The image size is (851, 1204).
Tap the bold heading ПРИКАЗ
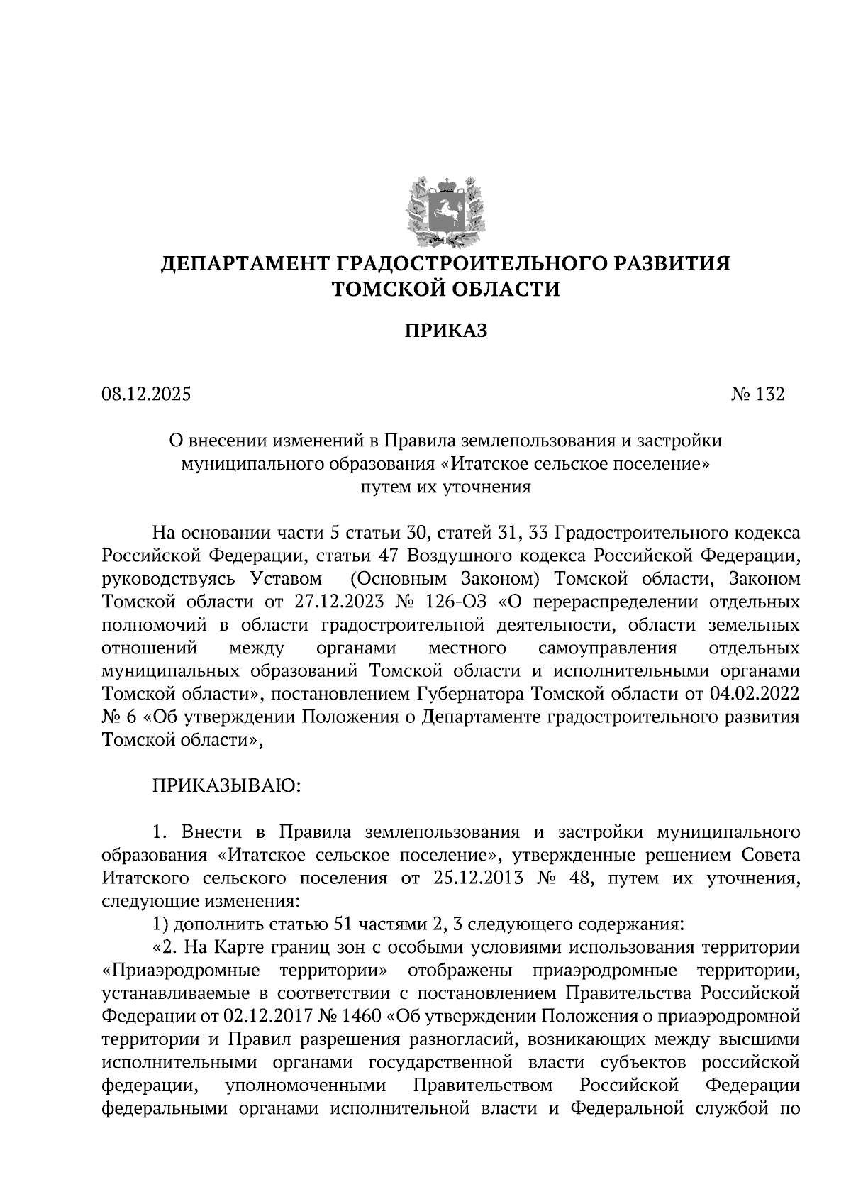tap(445, 331)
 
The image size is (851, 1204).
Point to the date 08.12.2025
tap(146, 394)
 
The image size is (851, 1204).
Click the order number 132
tap(770, 394)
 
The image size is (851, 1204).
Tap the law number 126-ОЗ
tap(455, 602)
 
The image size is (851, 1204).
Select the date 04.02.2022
tap(755, 694)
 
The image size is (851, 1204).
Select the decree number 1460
tap(362, 1016)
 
